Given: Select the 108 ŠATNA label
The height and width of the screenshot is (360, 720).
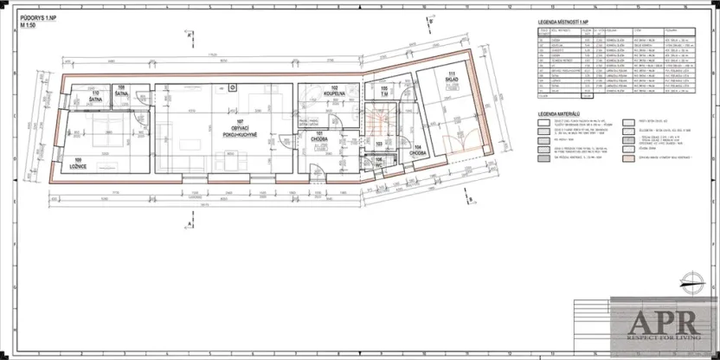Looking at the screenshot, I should coord(121,90).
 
